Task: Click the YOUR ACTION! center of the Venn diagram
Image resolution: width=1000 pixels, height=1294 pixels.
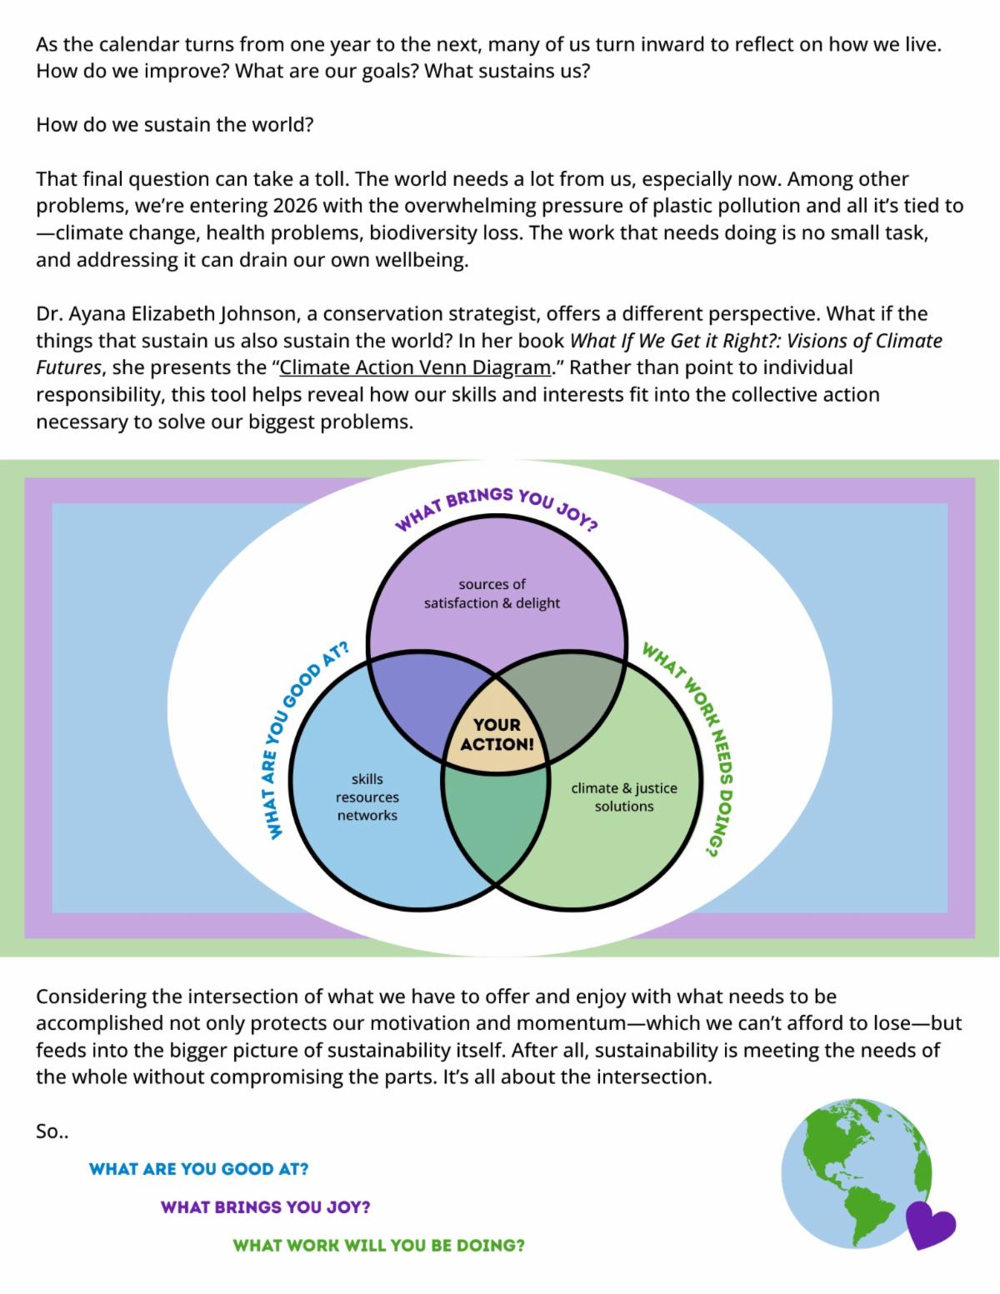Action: (497, 734)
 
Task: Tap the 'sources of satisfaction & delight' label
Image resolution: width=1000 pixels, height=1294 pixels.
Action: (492, 594)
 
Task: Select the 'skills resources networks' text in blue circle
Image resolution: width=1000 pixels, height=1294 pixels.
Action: (367, 797)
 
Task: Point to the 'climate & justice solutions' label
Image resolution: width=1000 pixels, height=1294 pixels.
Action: (624, 797)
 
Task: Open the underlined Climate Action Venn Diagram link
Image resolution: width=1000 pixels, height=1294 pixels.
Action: (415, 367)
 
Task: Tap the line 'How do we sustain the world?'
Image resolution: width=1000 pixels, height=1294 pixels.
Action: (174, 124)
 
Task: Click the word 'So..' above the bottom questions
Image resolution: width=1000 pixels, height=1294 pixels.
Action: (52, 1131)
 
